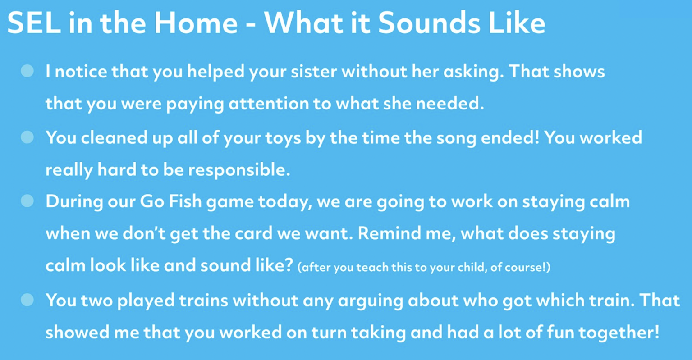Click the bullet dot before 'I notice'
[x=27, y=71]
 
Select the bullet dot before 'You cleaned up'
[x=27, y=137]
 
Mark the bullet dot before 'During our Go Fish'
[x=27, y=201]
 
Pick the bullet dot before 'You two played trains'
[x=27, y=300]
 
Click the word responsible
[x=238, y=170]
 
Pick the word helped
[x=215, y=72]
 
